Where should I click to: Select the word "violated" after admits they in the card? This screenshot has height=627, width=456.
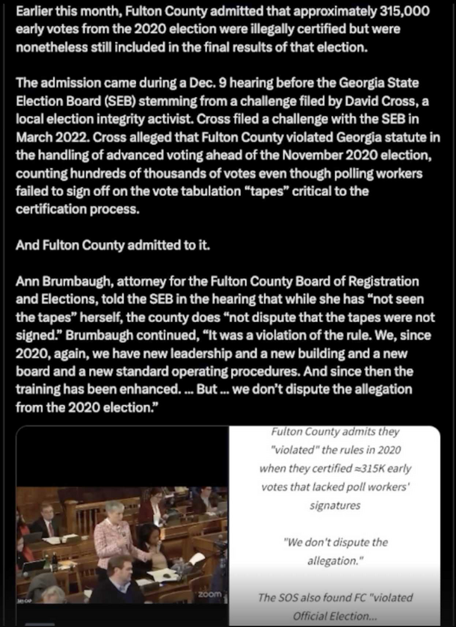289,450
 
